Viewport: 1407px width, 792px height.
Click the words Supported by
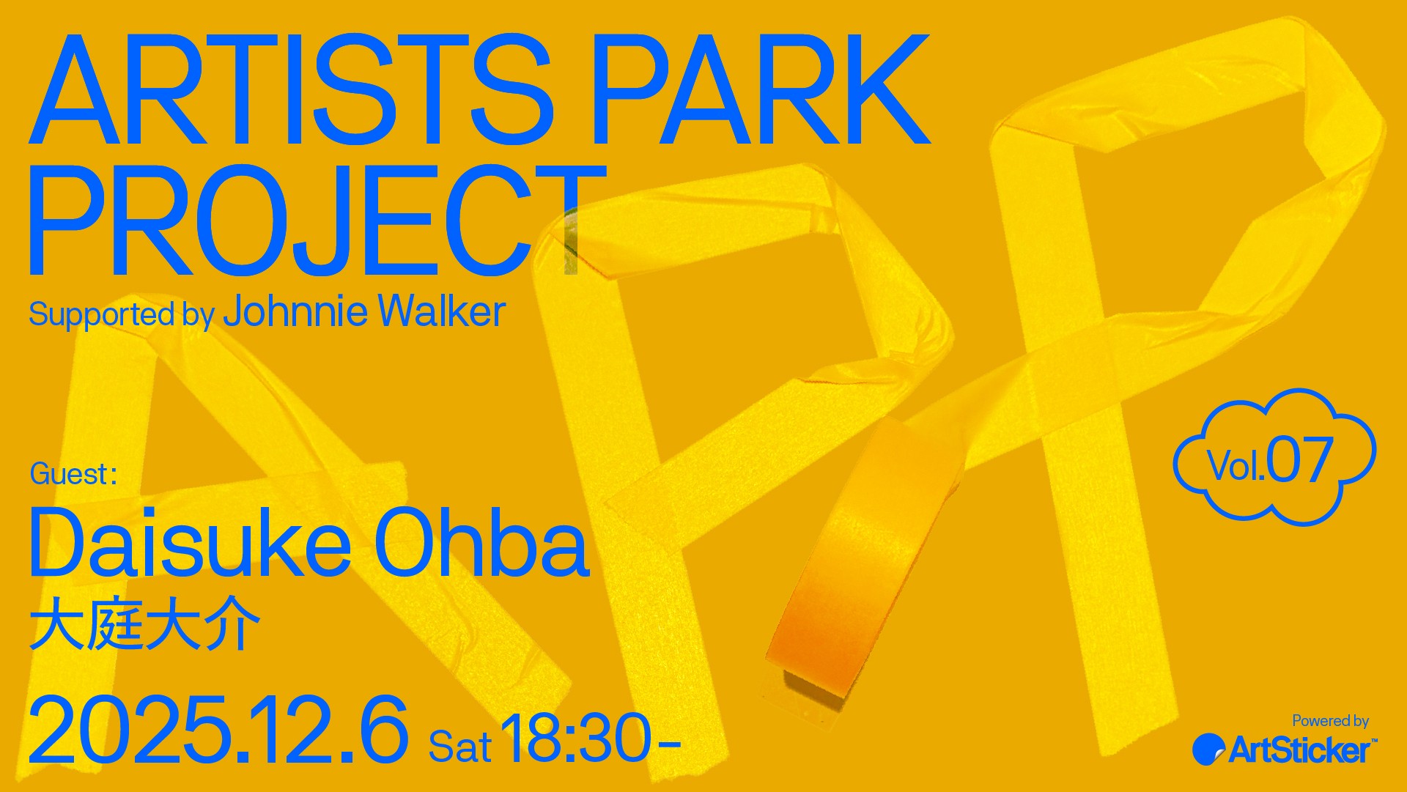tap(121, 315)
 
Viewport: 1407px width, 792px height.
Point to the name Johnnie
tap(295, 311)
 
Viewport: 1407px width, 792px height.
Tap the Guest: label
tap(73, 474)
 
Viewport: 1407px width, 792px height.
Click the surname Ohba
tap(481, 542)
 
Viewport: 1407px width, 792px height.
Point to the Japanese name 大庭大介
tap(145, 624)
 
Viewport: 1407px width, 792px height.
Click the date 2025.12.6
tap(218, 730)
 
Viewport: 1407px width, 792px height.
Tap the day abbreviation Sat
tap(459, 747)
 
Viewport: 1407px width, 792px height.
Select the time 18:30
tap(576, 739)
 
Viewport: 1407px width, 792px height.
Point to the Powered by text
tap(1330, 721)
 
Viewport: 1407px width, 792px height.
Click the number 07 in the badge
tap(1299, 460)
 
